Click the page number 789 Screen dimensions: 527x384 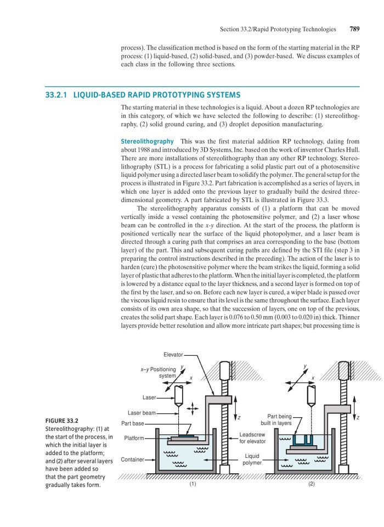[354, 29]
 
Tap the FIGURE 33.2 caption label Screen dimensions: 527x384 [61, 421]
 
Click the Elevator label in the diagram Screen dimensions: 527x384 [173, 355]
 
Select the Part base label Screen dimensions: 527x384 [133, 423]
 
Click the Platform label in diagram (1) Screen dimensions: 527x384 [134, 438]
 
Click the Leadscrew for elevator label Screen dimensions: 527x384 [252, 438]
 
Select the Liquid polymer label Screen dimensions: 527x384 [252, 459]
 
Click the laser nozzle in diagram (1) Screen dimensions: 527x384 [179, 395]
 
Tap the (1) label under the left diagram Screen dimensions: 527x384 [193, 485]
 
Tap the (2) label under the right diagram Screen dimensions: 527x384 [312, 485]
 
